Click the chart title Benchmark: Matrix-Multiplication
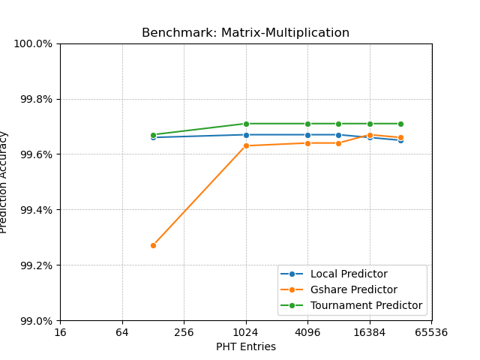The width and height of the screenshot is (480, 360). (245, 33)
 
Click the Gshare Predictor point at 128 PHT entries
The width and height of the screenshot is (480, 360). (153, 245)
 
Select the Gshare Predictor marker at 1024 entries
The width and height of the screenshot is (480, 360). (246, 145)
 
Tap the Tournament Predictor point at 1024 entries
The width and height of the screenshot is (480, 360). (246, 124)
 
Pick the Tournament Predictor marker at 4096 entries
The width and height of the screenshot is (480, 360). (307, 124)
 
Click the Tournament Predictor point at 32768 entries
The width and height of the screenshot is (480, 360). (400, 124)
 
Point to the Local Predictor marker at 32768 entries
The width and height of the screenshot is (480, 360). (400, 140)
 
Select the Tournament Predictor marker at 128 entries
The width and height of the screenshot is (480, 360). (153, 135)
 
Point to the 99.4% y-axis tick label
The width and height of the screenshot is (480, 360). (35, 210)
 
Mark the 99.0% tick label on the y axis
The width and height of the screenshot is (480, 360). (35, 321)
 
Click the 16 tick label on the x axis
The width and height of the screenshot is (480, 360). (60, 332)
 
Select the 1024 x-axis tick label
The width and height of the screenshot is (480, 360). (246, 332)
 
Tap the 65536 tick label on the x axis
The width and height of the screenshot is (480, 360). (432, 332)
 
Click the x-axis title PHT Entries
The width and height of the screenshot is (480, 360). (245, 346)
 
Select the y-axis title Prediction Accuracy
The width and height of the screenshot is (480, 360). (4, 182)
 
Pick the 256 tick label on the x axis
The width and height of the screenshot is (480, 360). (184, 332)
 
